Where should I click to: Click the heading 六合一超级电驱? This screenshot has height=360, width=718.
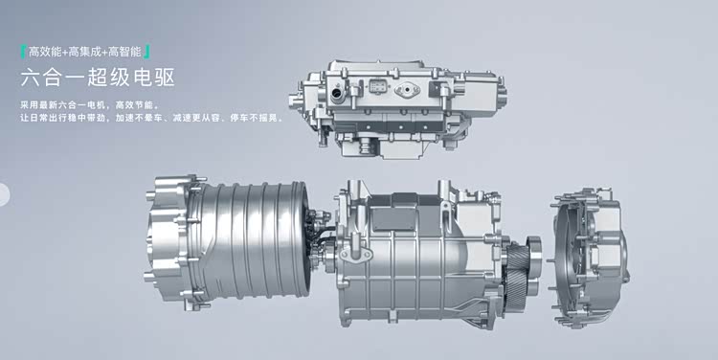98,78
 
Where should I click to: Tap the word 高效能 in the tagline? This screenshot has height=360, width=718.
45,52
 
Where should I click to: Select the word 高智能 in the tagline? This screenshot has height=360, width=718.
124,52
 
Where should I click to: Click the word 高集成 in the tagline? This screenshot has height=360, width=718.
84,52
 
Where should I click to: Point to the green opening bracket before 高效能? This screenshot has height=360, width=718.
23,52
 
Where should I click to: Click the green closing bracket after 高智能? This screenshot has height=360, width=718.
146,52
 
